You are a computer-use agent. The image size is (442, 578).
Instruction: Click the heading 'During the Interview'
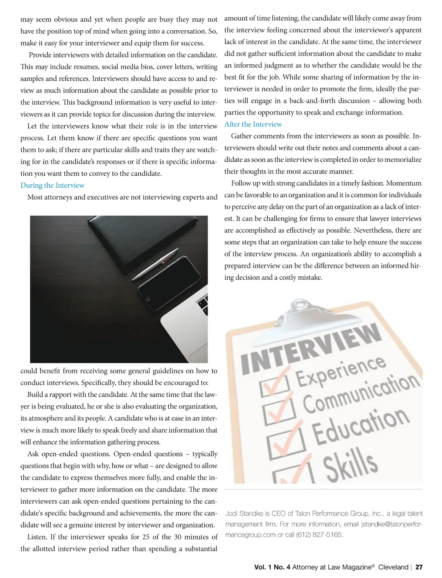[52, 186]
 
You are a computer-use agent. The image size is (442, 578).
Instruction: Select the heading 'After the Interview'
[253, 124]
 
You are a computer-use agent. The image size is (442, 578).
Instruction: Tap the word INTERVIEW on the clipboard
[311, 350]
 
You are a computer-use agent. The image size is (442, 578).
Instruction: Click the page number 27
[419, 567]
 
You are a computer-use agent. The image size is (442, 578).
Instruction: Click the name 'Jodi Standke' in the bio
[244, 514]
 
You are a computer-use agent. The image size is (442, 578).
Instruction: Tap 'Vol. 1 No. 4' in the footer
[272, 567]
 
